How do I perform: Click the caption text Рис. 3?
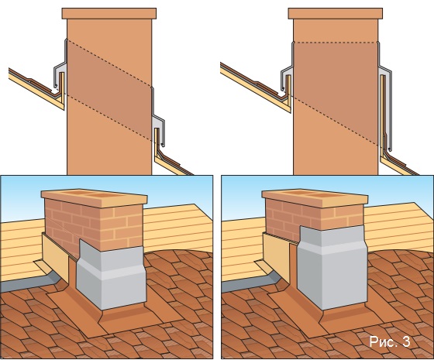(390, 341)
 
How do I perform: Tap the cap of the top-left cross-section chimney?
(109, 13)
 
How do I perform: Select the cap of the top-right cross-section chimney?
(336, 13)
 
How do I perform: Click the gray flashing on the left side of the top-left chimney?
(61, 67)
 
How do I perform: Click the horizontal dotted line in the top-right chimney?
(336, 43)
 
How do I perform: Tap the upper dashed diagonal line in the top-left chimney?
(109, 63)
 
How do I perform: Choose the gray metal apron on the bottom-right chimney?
(332, 267)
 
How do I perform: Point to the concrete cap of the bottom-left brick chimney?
(94, 198)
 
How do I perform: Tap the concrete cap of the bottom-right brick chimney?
(315, 198)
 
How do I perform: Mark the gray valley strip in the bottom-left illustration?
(28, 282)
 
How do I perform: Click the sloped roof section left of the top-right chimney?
(255, 86)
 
